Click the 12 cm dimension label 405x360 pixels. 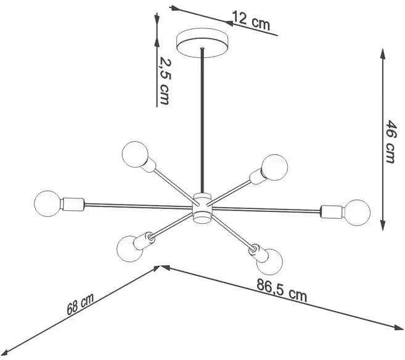tap(251, 21)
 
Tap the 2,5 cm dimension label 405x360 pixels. tap(165, 81)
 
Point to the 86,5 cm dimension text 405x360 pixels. tap(282, 290)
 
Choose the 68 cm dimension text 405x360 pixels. tap(80, 304)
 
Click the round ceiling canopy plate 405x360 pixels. tap(202, 43)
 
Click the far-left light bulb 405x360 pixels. tap(47, 203)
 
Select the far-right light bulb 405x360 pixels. tap(357, 212)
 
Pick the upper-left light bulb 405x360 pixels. tap(135, 155)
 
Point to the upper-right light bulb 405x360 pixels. tap(274, 167)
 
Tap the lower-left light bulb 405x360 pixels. tap(129, 248)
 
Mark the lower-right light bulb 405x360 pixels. tap(269, 262)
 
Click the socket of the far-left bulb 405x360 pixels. tap(73, 204)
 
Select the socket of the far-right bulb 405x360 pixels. tap(332, 211)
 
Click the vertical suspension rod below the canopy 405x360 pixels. tap(202, 120)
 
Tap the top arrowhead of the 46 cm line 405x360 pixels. tap(383, 54)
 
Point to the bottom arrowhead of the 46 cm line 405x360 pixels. tap(383, 224)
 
